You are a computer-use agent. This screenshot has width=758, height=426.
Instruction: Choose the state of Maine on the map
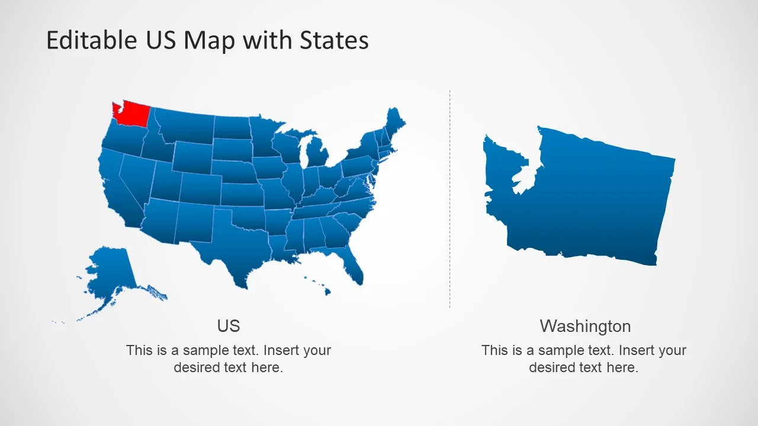[x=394, y=121]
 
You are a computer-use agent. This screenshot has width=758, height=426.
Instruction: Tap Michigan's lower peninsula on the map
[x=319, y=154]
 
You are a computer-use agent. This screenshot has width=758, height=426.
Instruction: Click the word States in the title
[x=334, y=40]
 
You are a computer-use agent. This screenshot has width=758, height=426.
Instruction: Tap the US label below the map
[x=229, y=326]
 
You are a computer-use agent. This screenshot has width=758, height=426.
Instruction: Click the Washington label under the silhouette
[x=585, y=326]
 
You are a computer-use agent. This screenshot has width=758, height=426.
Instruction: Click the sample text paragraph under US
[x=229, y=359]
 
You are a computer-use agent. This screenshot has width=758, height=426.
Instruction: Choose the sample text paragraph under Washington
[x=584, y=359]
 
